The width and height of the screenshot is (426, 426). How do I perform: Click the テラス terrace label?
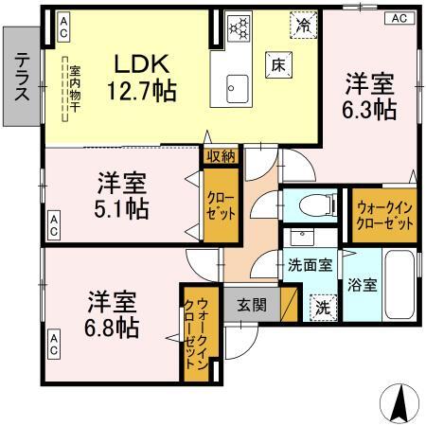coord(21,75)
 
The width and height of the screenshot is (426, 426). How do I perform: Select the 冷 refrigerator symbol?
coord(303,25)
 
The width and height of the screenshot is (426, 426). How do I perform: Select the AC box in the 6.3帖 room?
coord(398,18)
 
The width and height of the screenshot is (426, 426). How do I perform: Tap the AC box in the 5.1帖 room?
coord(54,227)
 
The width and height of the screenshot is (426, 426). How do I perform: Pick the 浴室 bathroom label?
coord(363,283)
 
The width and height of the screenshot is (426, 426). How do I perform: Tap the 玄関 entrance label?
coord(251,305)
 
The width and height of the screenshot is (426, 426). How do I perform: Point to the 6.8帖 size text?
coord(114,328)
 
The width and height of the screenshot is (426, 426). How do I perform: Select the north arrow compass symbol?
coord(399,404)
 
